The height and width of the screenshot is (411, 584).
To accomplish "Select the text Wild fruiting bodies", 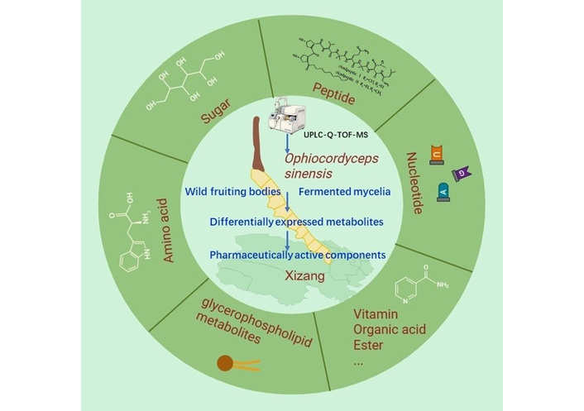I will coord(230,193).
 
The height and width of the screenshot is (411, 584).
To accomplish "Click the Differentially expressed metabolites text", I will coord(285,224).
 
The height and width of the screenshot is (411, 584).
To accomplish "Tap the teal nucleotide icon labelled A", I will coord(443,189).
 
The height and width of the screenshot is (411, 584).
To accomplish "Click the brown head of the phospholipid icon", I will coord(225,361).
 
